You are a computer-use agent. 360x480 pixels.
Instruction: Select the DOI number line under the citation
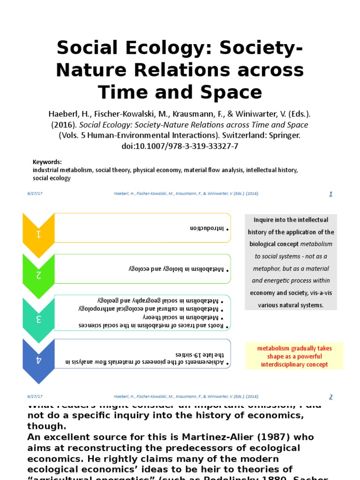pyautogui.click(x=180, y=146)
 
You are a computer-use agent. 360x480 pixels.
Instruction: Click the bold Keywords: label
pyautogui.click(x=47, y=162)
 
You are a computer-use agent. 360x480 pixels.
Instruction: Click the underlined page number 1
pyautogui.click(x=330, y=194)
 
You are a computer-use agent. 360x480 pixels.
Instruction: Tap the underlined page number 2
pyautogui.click(x=330, y=397)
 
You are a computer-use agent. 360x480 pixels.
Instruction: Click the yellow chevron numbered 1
pyautogui.click(x=39, y=233)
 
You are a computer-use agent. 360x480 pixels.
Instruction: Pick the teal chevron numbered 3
pyautogui.click(x=39, y=319)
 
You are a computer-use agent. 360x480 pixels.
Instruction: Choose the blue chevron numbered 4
pyautogui.click(x=39, y=360)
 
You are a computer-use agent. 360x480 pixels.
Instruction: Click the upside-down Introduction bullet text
pyautogui.click(x=206, y=228)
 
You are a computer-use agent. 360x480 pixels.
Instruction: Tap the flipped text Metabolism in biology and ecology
pyautogui.click(x=176, y=270)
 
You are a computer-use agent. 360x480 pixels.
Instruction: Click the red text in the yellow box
pyautogui.click(x=294, y=356)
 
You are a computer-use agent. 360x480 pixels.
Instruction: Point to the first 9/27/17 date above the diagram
pyautogui.click(x=34, y=194)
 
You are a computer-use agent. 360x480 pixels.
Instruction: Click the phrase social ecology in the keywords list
pyautogui.click(x=52, y=178)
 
